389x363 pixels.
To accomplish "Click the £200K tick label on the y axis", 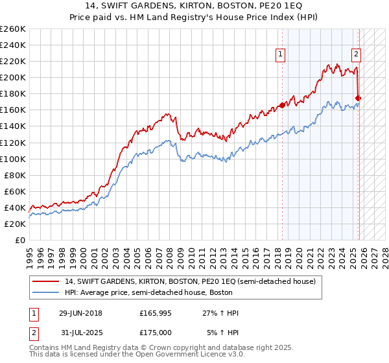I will coord(12,77).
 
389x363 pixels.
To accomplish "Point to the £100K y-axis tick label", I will coord(12,159).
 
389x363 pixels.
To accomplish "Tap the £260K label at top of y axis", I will coord(12,29).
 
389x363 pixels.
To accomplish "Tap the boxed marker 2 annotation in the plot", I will coord(357,55).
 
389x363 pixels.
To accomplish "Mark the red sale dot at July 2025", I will coord(359,98).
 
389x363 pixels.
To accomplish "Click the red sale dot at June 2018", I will coord(282,105).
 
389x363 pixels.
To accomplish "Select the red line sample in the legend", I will coord(46,281).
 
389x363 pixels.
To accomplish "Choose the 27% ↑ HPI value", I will coord(221,313).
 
